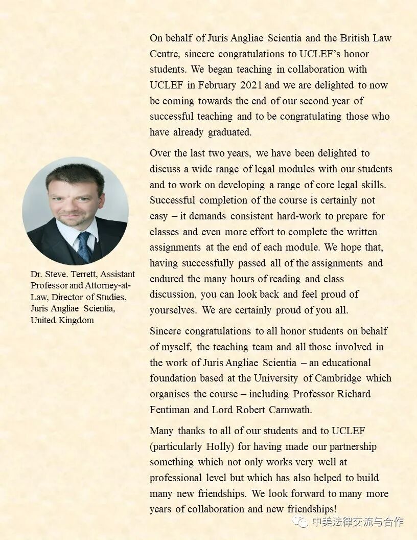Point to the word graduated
[x=229, y=132]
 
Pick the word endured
[x=167, y=279]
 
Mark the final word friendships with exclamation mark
[x=309, y=509]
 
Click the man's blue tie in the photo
[x=84, y=245]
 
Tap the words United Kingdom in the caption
[x=62, y=321]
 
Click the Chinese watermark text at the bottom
[x=358, y=522]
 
